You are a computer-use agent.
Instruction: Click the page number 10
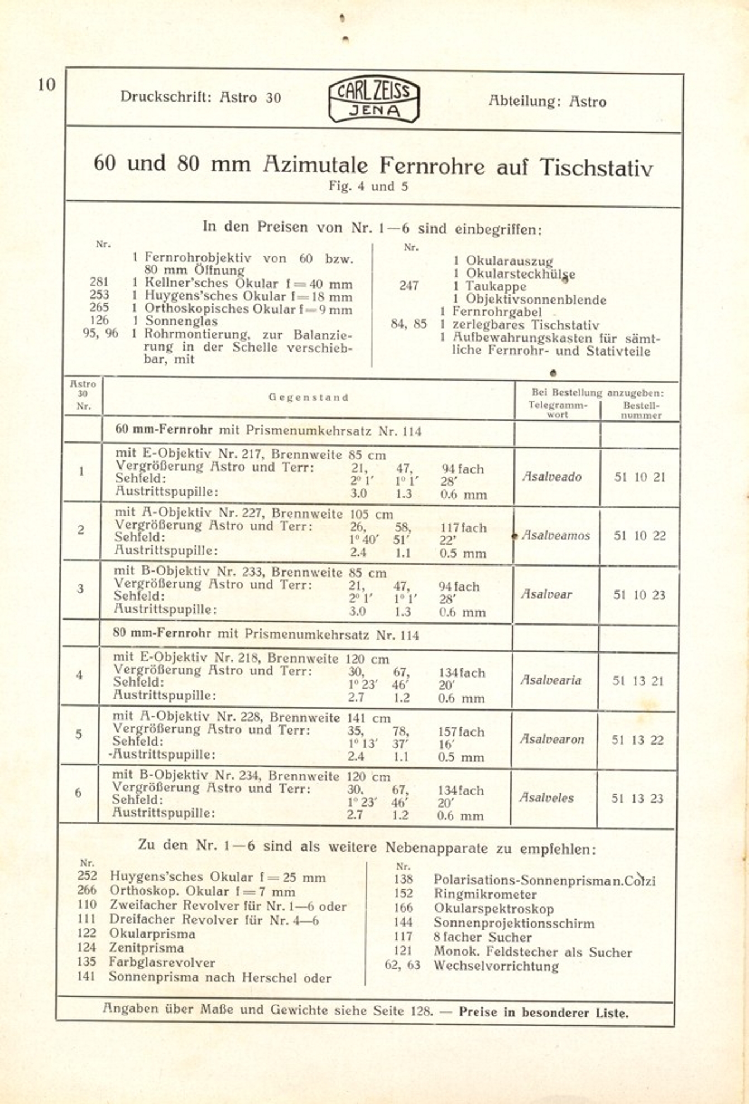click(x=47, y=85)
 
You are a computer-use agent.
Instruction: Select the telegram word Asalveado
click(x=551, y=477)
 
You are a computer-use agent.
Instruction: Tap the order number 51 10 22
click(x=640, y=536)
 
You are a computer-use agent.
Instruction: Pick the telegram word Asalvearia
click(x=550, y=680)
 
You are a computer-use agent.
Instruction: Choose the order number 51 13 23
click(x=637, y=799)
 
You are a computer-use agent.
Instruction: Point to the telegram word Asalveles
click(x=546, y=798)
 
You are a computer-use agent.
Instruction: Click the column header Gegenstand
click(x=308, y=398)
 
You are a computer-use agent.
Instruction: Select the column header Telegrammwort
click(x=558, y=410)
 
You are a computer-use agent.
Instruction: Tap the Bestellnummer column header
click(x=641, y=410)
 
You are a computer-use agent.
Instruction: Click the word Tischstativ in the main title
click(x=596, y=167)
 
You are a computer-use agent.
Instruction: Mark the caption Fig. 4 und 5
click(x=368, y=186)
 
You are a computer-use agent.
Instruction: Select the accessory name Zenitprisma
click(x=146, y=948)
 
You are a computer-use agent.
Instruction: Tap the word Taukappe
click(x=496, y=286)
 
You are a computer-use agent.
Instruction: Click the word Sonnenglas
click(x=181, y=321)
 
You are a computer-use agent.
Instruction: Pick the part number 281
click(x=99, y=282)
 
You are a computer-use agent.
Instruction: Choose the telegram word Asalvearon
click(x=551, y=740)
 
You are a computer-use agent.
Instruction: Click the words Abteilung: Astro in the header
click(x=547, y=102)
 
